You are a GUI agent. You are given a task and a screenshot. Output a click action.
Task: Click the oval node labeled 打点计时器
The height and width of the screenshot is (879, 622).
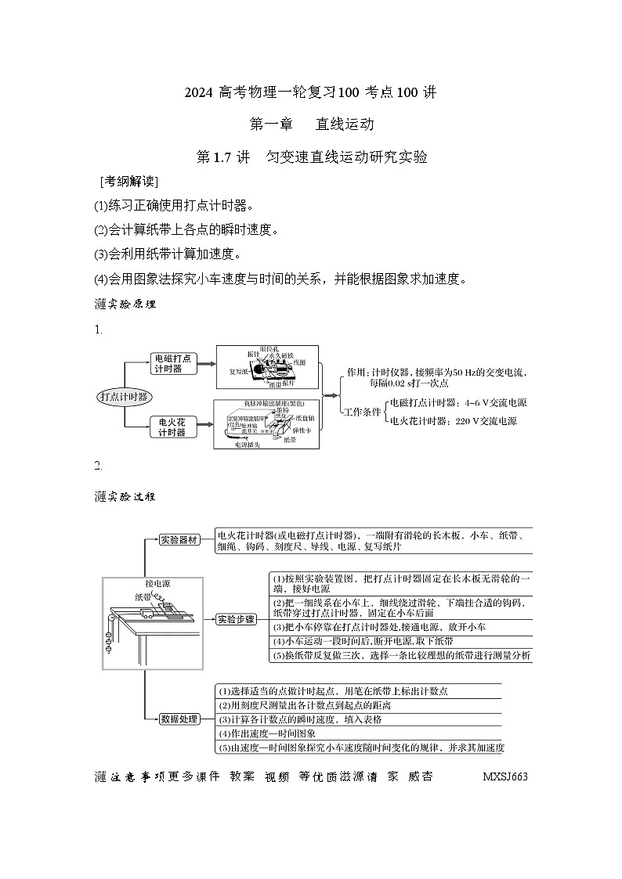[125, 396]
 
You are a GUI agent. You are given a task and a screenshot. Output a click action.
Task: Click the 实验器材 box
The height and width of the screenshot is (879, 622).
[179, 540]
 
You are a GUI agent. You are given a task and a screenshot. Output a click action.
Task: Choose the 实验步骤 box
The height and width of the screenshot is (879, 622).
[236, 618]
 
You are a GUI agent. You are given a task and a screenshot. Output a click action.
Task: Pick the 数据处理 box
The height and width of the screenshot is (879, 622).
[179, 719]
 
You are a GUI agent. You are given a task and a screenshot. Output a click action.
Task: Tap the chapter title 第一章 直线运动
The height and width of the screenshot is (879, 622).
[311, 124]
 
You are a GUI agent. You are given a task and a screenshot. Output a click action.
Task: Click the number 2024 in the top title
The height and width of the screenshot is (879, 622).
[200, 92]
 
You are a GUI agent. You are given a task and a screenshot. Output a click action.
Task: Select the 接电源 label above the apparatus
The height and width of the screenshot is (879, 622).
[157, 584]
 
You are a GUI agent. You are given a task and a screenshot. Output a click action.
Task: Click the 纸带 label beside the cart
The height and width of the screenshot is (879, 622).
[143, 597]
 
